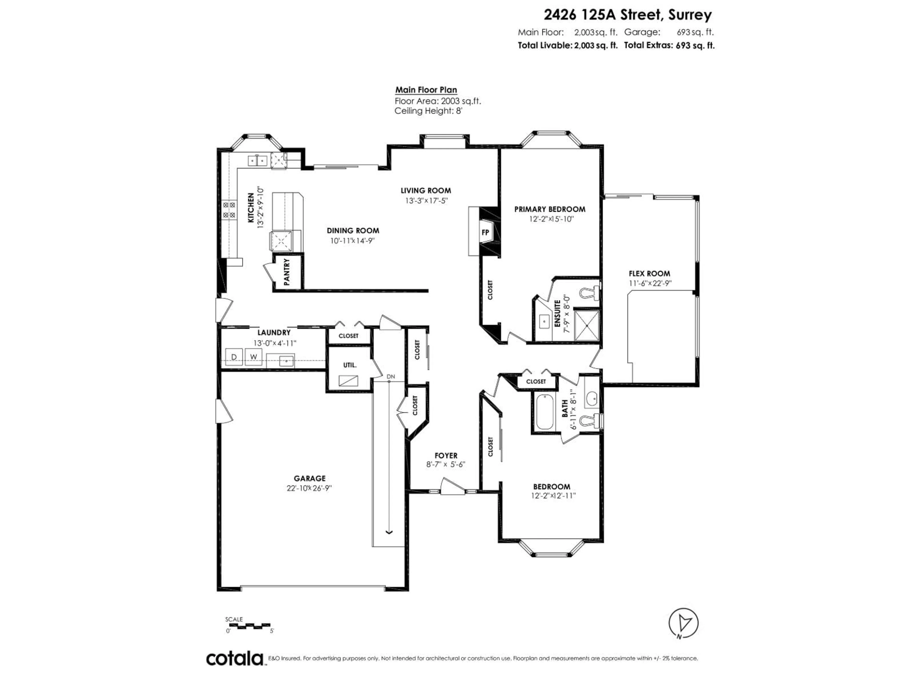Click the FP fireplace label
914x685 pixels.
(485, 232)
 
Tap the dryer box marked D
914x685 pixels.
(234, 357)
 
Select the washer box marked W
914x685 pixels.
(254, 357)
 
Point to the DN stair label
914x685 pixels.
(391, 377)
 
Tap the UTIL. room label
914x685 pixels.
(350, 365)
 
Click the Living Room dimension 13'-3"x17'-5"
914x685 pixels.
(426, 201)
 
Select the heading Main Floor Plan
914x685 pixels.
(426, 90)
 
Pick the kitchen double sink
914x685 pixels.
(258, 160)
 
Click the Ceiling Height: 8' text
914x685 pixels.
(428, 111)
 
